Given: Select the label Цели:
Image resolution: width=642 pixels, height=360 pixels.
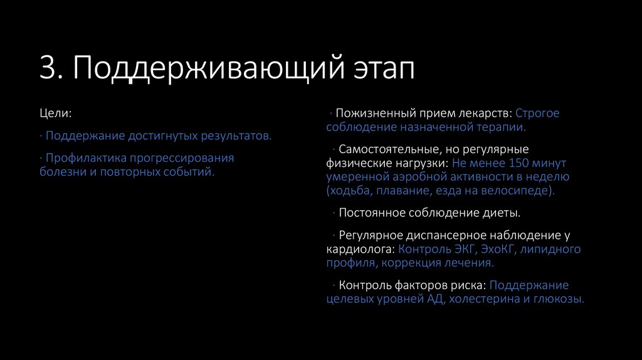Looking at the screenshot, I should tap(55, 114).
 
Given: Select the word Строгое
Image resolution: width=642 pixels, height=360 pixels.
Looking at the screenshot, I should tap(537, 114).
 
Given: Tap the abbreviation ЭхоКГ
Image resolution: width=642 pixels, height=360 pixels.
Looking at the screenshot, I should tap(499, 249).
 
